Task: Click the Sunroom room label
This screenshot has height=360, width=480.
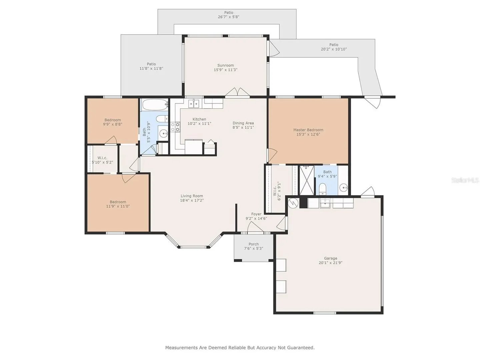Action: click(x=225, y=65)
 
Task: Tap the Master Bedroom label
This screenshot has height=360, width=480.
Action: click(x=308, y=130)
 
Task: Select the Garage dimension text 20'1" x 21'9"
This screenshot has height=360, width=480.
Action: click(x=330, y=263)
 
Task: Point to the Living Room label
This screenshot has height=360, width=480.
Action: click(x=192, y=196)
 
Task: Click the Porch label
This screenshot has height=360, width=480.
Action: click(x=254, y=244)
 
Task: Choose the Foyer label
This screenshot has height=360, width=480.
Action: click(x=256, y=214)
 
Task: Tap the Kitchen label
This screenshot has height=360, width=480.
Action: click(x=199, y=119)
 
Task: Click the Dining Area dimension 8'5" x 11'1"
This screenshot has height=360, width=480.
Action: click(x=243, y=127)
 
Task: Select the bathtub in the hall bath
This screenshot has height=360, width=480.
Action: click(x=155, y=105)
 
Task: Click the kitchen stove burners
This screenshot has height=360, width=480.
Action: click(x=175, y=127)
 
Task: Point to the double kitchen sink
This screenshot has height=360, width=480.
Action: click(x=194, y=103)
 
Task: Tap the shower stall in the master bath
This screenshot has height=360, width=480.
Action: click(x=307, y=180)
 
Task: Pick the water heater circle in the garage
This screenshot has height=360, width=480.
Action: click(x=293, y=203)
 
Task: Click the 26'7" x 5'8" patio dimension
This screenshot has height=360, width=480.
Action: click(x=229, y=17)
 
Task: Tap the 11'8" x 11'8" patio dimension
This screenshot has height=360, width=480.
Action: click(x=151, y=68)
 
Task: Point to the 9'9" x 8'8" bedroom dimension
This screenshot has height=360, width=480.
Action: click(x=113, y=124)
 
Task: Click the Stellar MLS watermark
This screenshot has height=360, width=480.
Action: click(x=465, y=180)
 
